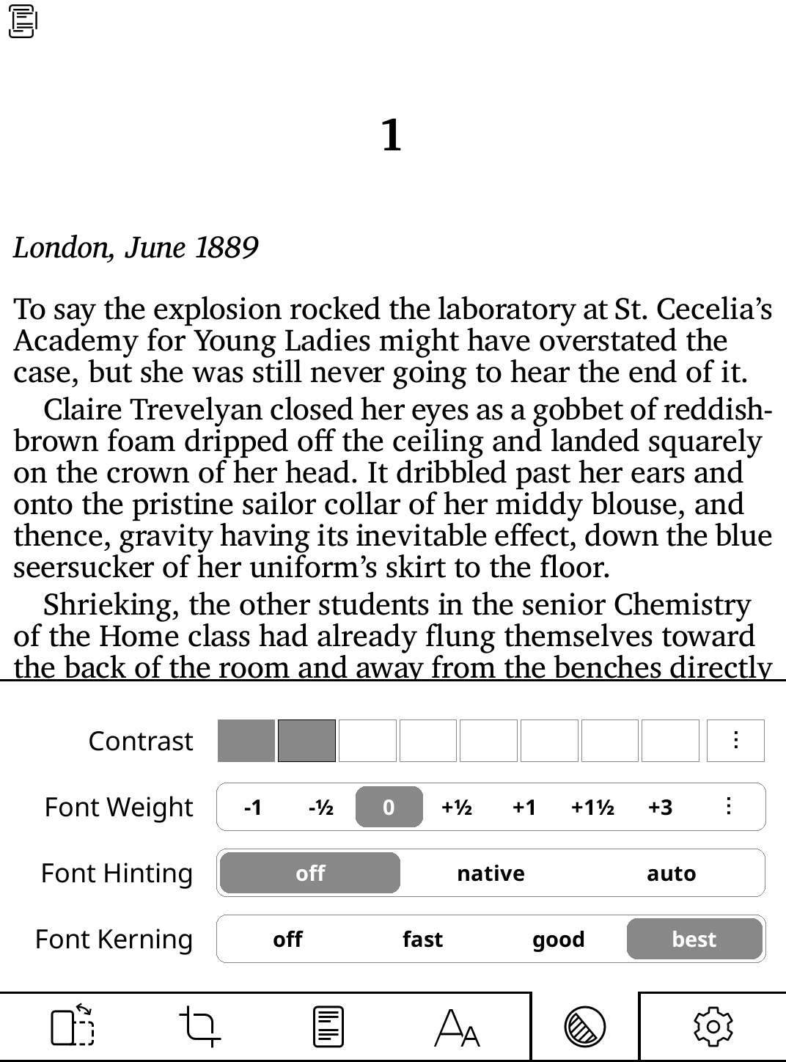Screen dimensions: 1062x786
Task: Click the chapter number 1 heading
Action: (x=392, y=136)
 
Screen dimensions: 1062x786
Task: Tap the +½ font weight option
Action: (x=456, y=808)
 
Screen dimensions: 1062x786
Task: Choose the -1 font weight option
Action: (x=252, y=808)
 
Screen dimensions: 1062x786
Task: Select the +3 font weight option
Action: (x=660, y=808)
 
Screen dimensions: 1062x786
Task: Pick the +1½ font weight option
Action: (x=592, y=808)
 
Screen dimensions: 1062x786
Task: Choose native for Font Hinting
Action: (x=491, y=874)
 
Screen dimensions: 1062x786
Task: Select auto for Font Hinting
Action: (x=671, y=874)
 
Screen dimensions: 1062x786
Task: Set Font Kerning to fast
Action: (x=422, y=940)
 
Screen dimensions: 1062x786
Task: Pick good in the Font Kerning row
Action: (x=558, y=940)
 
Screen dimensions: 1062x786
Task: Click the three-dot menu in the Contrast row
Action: (x=735, y=741)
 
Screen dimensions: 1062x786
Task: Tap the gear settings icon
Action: (x=713, y=1027)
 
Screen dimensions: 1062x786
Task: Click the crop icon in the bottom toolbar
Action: (x=199, y=1027)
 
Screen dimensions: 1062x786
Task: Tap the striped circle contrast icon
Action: (x=584, y=1027)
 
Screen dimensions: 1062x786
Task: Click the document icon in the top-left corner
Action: (x=22, y=22)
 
